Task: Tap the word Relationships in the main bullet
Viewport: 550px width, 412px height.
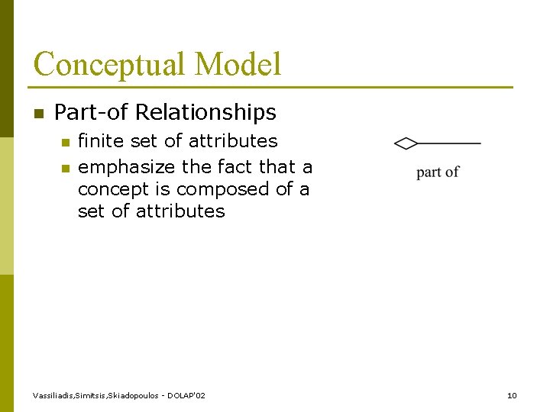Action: (205, 113)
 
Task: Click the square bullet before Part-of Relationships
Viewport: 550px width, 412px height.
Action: (38, 114)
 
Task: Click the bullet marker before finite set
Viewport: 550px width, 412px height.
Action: (65, 142)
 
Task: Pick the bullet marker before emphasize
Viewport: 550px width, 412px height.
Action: (65, 167)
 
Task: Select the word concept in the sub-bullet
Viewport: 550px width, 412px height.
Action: (108, 188)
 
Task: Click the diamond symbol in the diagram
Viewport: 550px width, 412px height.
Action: (406, 143)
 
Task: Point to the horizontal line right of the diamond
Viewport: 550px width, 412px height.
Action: (449, 143)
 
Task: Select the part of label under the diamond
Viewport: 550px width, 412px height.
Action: (438, 172)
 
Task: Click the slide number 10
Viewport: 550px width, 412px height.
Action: (512, 395)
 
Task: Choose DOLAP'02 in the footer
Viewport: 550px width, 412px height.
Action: (187, 395)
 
